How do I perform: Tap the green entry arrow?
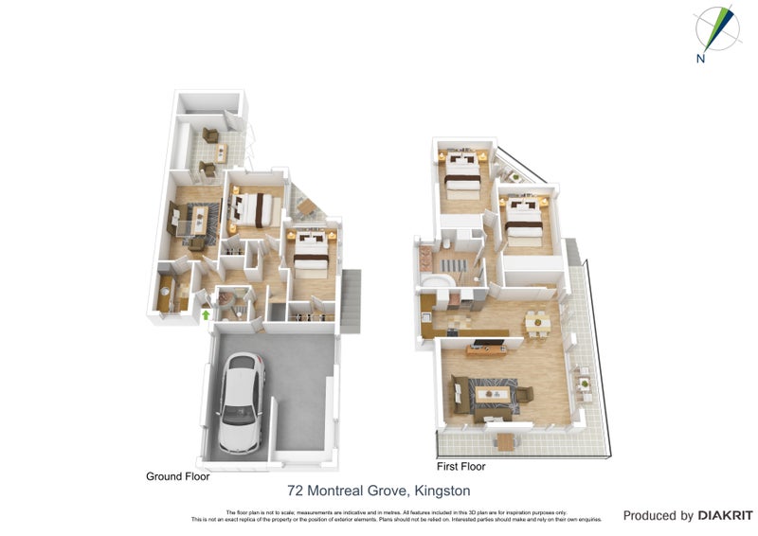pyautogui.click(x=206, y=314)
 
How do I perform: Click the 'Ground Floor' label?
pyautogui.click(x=177, y=477)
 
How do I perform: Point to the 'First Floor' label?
pyautogui.click(x=460, y=467)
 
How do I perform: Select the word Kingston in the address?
pyautogui.click(x=442, y=491)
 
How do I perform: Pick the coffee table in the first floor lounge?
pyautogui.click(x=491, y=391)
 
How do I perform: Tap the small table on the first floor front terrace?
pyautogui.click(x=504, y=440)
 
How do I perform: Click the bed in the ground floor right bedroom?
pyautogui.click(x=310, y=251)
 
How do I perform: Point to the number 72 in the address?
pyautogui.click(x=296, y=491)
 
